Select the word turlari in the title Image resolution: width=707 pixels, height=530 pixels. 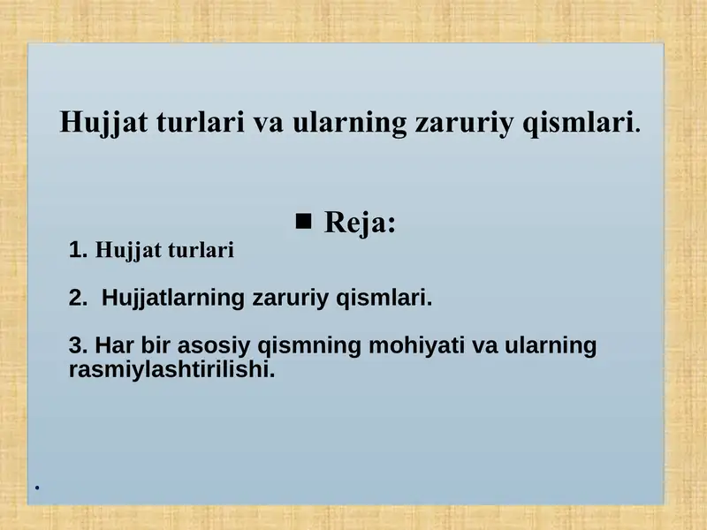point(202,122)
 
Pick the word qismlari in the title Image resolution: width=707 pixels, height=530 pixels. point(580,122)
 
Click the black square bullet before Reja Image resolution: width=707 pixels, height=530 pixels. point(304,221)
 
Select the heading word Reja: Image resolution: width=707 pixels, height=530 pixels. point(360,223)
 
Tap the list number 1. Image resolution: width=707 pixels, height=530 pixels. point(77,251)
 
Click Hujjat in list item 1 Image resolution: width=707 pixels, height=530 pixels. point(123,251)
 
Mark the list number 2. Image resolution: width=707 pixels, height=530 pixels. point(78,298)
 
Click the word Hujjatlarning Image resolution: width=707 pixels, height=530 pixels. point(173,298)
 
